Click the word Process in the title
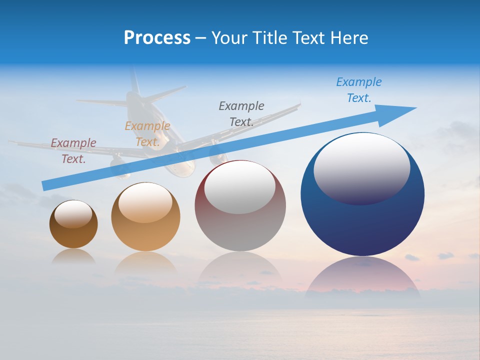coord(157,38)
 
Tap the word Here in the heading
coord(347,38)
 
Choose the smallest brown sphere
coord(73,232)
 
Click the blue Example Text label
coord(359,90)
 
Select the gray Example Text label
coord(241,113)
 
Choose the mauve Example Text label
coord(73,150)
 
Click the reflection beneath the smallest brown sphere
coord(73,256)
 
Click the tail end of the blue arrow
coord(46,186)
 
